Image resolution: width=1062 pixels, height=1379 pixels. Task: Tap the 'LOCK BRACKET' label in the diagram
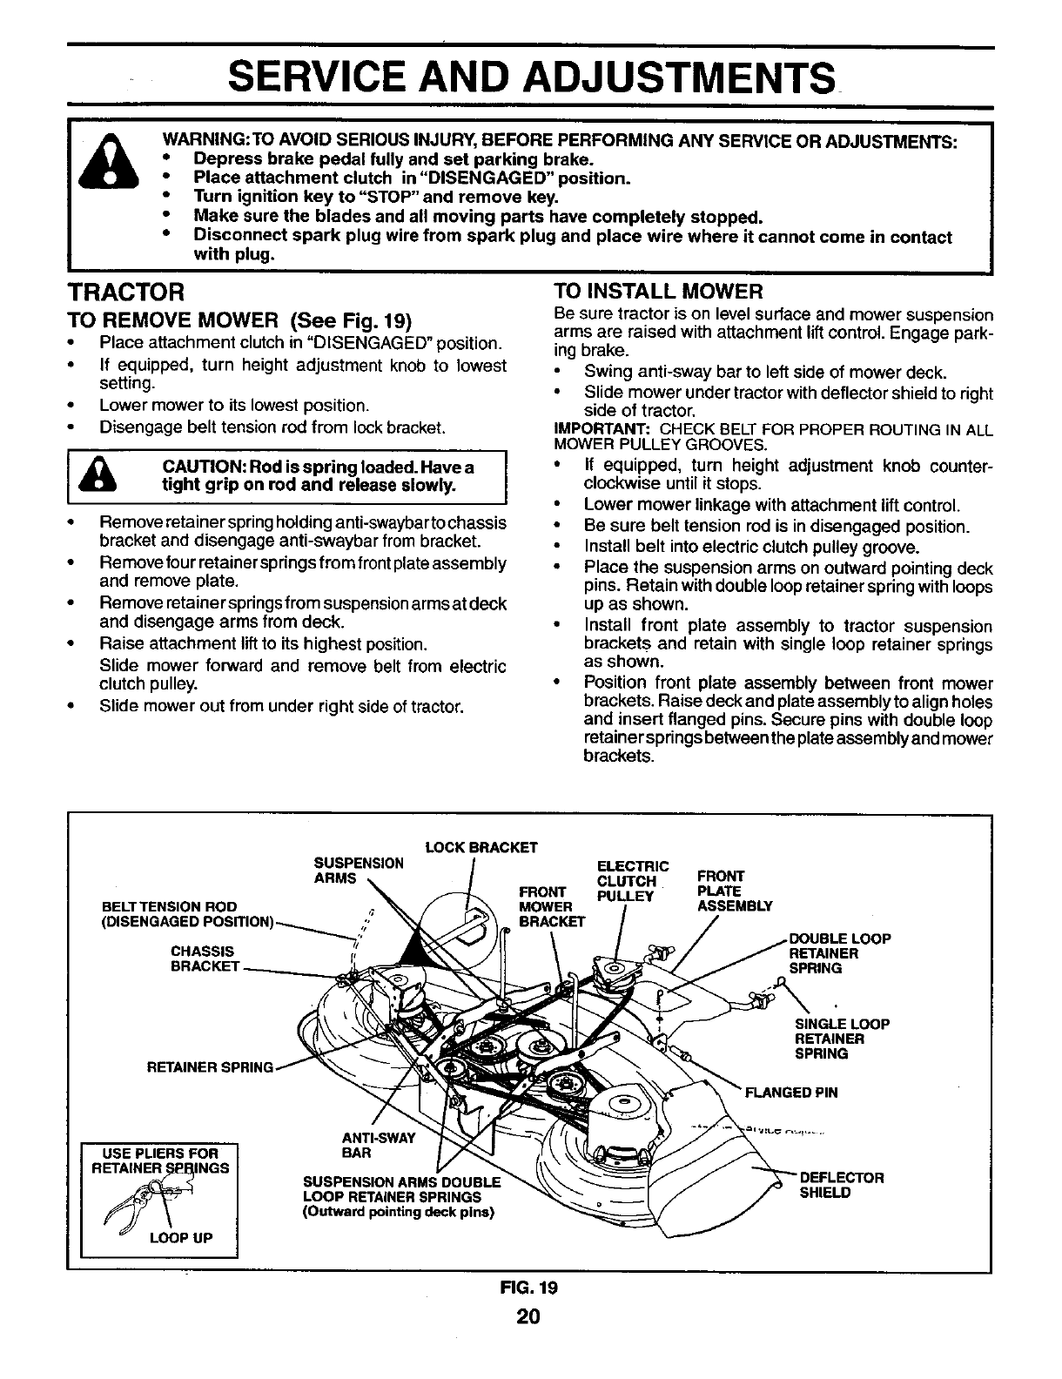point(481,847)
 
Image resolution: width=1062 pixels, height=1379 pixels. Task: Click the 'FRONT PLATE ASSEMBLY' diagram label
point(735,891)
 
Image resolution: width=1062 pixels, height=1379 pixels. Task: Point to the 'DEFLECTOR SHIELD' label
point(841,1185)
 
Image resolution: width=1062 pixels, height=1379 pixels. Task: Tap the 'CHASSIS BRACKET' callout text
point(205,959)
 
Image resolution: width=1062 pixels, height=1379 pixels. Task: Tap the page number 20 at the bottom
point(529,1316)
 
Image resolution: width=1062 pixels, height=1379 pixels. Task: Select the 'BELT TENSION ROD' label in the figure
point(170,906)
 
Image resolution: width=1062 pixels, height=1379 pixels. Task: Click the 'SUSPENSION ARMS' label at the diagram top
point(358,871)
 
